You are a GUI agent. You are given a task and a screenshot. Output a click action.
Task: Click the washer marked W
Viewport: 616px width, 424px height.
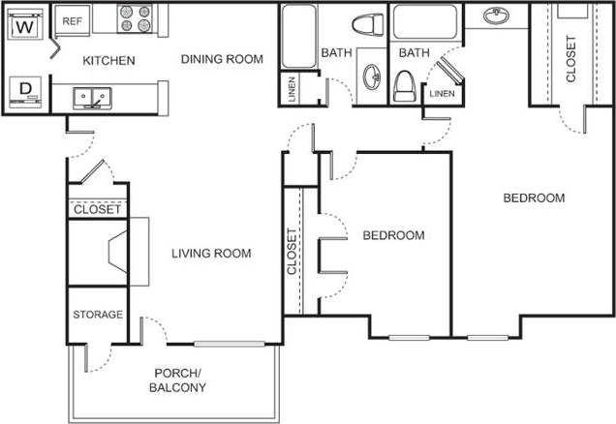pyautogui.click(x=26, y=26)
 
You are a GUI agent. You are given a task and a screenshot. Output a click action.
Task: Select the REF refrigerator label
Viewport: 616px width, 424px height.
pyautogui.click(x=72, y=20)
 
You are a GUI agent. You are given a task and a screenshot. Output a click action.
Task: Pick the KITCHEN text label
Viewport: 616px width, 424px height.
pyautogui.click(x=108, y=60)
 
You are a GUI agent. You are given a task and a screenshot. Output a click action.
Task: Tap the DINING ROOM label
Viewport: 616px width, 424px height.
pyautogui.click(x=222, y=59)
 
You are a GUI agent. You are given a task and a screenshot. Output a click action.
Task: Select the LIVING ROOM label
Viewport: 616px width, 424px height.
pyautogui.click(x=211, y=254)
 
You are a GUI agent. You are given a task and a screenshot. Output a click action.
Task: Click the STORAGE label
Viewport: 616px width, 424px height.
pyautogui.click(x=98, y=315)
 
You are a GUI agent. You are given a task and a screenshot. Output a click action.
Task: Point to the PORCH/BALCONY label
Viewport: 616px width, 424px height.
pyautogui.click(x=178, y=380)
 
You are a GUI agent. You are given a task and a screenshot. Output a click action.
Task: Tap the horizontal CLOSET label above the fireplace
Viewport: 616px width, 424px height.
pyautogui.click(x=98, y=209)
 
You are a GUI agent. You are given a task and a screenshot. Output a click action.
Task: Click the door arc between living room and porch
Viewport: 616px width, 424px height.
pyautogui.click(x=155, y=330)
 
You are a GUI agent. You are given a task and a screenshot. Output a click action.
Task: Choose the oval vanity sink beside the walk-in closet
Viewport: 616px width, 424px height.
pyautogui.click(x=498, y=16)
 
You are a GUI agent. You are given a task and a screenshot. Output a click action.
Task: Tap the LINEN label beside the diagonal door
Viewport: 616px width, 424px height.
pyautogui.click(x=441, y=94)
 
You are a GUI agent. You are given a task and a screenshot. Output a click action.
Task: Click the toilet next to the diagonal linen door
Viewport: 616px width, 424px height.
pyautogui.click(x=405, y=87)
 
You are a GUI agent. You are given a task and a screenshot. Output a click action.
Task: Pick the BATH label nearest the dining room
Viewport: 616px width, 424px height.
pyautogui.click(x=336, y=52)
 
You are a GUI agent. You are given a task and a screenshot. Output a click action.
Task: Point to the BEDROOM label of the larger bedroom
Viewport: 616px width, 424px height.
pyautogui.click(x=534, y=198)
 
